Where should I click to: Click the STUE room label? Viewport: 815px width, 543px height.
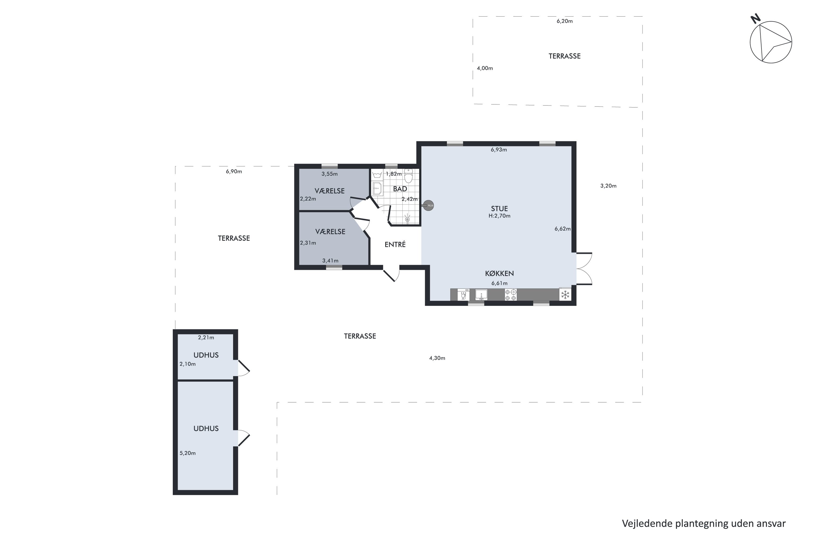coord(499,209)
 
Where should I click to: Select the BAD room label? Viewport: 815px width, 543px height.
coord(400,189)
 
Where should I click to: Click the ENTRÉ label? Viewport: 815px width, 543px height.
coord(395,245)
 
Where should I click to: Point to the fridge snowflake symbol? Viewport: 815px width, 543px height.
coord(565,295)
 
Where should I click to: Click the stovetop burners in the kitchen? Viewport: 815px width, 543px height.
coord(510,295)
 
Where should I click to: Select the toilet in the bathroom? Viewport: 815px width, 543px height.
coord(409,176)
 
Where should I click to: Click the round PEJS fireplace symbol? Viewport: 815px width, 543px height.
coord(429,206)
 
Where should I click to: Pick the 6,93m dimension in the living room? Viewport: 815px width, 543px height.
coord(499,150)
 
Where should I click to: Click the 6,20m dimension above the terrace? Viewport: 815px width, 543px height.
coord(565,21)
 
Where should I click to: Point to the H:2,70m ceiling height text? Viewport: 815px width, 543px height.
coord(499,216)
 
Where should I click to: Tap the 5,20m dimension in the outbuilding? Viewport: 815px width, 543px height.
coord(187,453)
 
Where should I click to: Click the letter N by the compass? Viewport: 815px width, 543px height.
coord(756,19)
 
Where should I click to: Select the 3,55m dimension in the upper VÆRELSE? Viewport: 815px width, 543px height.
coord(329,174)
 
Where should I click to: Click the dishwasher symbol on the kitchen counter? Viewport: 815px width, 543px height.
coord(463,295)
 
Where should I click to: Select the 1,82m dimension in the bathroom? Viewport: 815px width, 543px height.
coord(394,174)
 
